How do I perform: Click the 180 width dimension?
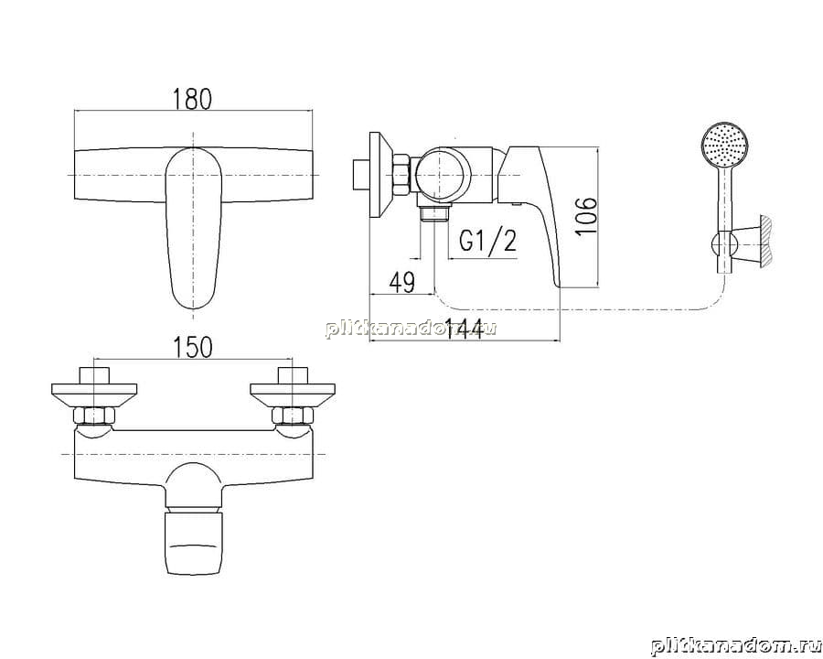193,100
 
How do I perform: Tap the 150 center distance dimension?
193,347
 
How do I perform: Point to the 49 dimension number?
401,283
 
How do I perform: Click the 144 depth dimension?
464,329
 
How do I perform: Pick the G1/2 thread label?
487,242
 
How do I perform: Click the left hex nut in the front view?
94,416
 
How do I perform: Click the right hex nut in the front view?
293,416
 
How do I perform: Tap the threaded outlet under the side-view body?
433,213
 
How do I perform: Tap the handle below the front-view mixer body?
194,543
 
